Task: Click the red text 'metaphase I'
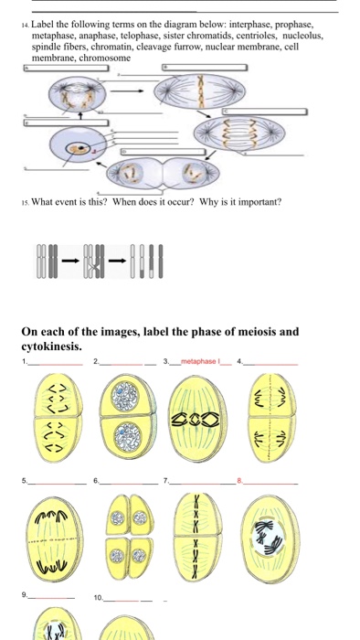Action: pos(200,361)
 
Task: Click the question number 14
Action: pos(26,26)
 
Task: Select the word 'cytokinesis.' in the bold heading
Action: pos(51,347)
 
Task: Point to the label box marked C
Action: pos(265,112)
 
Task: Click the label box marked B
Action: pos(205,68)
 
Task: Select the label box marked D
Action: pos(163,152)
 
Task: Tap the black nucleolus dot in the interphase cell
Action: pos(82,147)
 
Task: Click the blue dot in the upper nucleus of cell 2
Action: pos(121,390)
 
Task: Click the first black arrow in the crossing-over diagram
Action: pos(70,261)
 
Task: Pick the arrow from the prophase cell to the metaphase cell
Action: pos(127,91)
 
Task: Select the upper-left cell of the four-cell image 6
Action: pos(118,515)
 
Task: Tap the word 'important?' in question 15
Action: pos(260,202)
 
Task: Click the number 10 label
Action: pos(98,598)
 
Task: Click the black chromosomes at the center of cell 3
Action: pos(196,419)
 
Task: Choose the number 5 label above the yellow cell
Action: pos(25,481)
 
